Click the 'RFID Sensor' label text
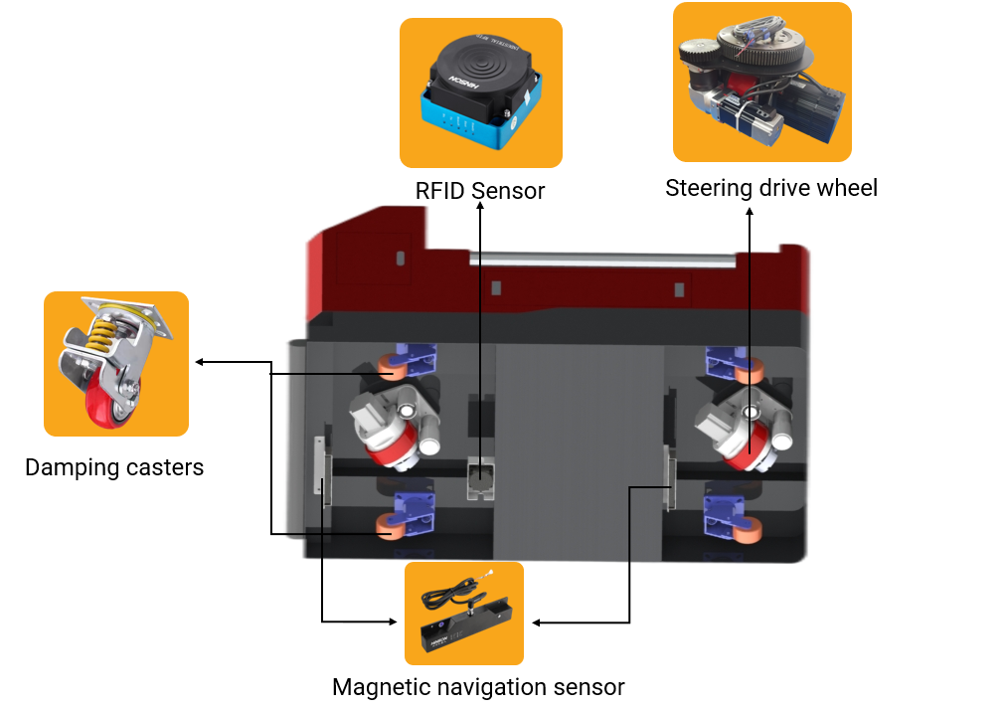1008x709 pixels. click(x=480, y=190)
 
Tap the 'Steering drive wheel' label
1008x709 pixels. click(x=771, y=187)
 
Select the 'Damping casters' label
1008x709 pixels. click(x=114, y=466)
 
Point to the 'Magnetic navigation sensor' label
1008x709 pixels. click(x=478, y=686)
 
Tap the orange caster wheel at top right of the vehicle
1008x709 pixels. click(x=750, y=374)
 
